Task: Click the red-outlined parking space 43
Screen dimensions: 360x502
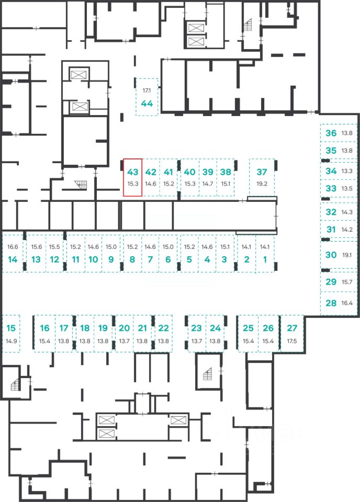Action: coord(132,177)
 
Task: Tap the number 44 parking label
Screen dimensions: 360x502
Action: coord(147,104)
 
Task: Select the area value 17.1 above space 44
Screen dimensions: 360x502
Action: coord(147,90)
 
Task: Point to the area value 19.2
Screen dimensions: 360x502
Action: coord(262,184)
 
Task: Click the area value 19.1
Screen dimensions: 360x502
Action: coord(347,255)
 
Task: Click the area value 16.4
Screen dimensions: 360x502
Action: coord(347,303)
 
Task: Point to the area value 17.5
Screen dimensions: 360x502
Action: coord(292,341)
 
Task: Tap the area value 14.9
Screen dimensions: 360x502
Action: coord(11,341)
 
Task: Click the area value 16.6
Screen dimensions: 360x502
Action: coord(13,247)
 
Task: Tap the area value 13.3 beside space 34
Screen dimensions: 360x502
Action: coord(347,171)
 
